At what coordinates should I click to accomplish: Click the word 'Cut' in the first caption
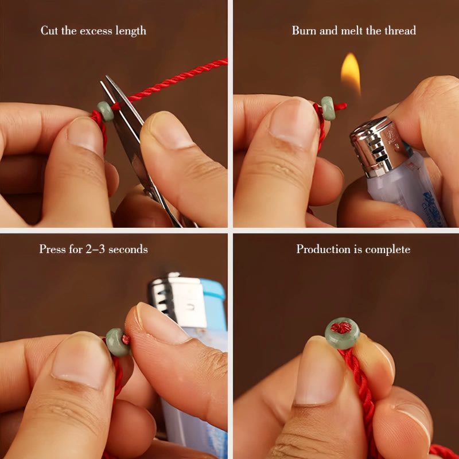49,30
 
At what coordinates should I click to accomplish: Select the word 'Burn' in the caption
304,30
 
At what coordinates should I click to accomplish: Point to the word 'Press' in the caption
52,249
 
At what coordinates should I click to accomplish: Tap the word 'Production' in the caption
324,249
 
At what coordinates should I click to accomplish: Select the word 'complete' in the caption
388,250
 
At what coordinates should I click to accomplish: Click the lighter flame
351,72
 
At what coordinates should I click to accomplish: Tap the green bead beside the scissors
106,111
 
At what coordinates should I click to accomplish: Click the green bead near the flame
328,108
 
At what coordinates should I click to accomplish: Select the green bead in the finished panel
342,333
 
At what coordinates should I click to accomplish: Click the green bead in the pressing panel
118,342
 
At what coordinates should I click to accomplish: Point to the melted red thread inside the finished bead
341,328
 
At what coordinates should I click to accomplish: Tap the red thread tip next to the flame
341,106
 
